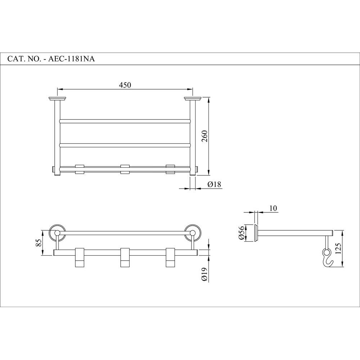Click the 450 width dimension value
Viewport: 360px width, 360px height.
(125, 85)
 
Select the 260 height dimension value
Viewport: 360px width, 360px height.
(205, 136)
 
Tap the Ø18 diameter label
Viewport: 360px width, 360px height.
(215, 184)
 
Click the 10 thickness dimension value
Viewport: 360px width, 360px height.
(273, 208)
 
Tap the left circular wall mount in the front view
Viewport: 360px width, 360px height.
(57, 233)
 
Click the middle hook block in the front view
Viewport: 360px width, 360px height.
(125, 258)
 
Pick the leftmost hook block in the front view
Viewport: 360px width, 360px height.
(80, 258)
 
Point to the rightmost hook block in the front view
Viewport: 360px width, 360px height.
(170, 258)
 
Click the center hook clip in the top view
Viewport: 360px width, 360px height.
(125, 169)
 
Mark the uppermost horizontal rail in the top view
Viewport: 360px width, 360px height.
(124, 121)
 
